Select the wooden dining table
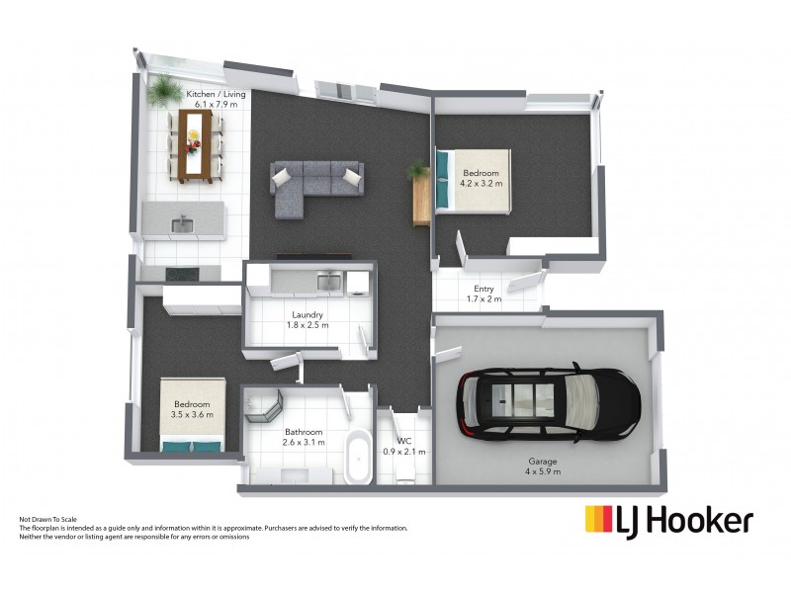(195, 145)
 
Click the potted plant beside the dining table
(160, 93)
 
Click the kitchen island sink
(182, 225)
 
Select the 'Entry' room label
(483, 289)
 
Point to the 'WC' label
(403, 441)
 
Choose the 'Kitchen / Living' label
(216, 94)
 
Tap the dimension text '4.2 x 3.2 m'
(483, 183)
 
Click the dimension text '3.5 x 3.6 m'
(192, 415)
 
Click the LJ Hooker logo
(668, 521)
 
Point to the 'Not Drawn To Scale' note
(48, 519)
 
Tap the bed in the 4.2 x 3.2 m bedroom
(473, 180)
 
